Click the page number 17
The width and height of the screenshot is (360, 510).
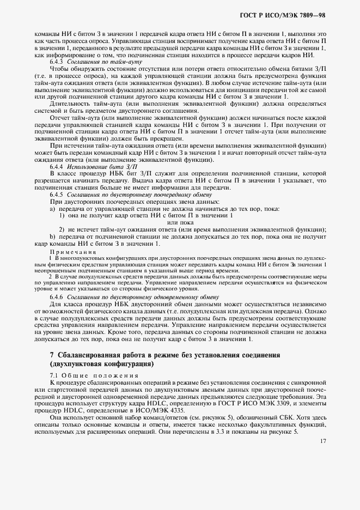click(x=322, y=441)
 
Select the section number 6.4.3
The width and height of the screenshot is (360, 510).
click(x=57, y=62)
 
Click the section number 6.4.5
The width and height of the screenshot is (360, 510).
click(x=57, y=195)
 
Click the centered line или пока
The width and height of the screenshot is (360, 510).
click(x=180, y=222)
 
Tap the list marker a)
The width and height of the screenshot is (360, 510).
click(x=52, y=209)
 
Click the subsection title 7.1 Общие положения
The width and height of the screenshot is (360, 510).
click(x=88, y=376)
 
